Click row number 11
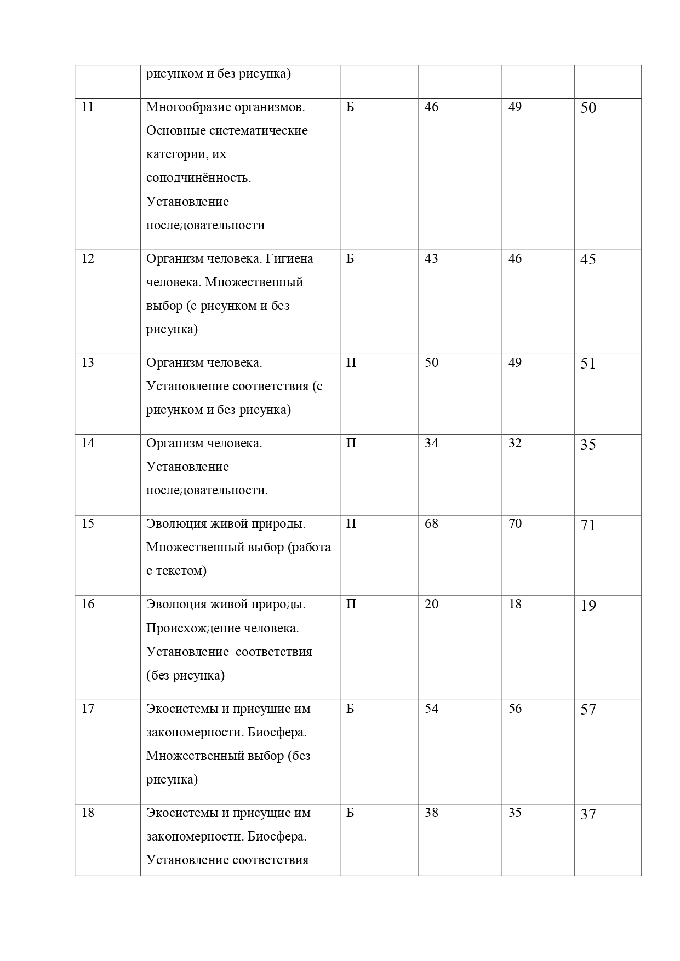[x=88, y=107]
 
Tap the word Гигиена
[x=289, y=258]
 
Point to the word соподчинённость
[x=198, y=178]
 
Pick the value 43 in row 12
[x=431, y=258]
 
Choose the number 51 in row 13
[x=588, y=364]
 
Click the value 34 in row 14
[x=431, y=443]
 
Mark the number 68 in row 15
[x=431, y=523]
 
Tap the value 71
[x=588, y=525]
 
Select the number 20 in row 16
[x=431, y=604]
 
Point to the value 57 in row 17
[x=588, y=710]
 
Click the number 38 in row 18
[x=431, y=813]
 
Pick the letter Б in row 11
[x=350, y=107]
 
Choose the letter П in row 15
[x=351, y=523]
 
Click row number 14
[x=88, y=443]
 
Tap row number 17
[x=88, y=709]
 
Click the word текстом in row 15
[x=181, y=571]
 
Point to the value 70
[x=515, y=523]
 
